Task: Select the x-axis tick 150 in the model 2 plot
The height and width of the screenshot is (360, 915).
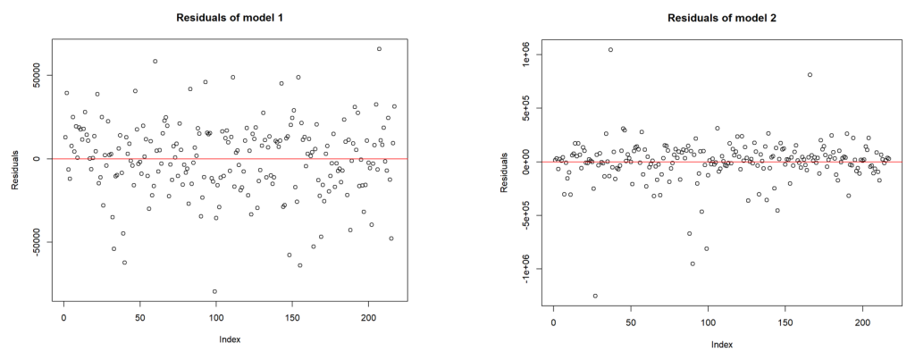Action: click(x=786, y=318)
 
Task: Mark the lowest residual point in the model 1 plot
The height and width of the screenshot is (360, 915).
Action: click(x=214, y=291)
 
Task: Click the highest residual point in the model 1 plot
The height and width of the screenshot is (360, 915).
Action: click(x=379, y=49)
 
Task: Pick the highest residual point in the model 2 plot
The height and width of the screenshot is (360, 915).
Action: click(x=610, y=50)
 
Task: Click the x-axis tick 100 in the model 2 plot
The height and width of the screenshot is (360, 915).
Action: click(x=709, y=318)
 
